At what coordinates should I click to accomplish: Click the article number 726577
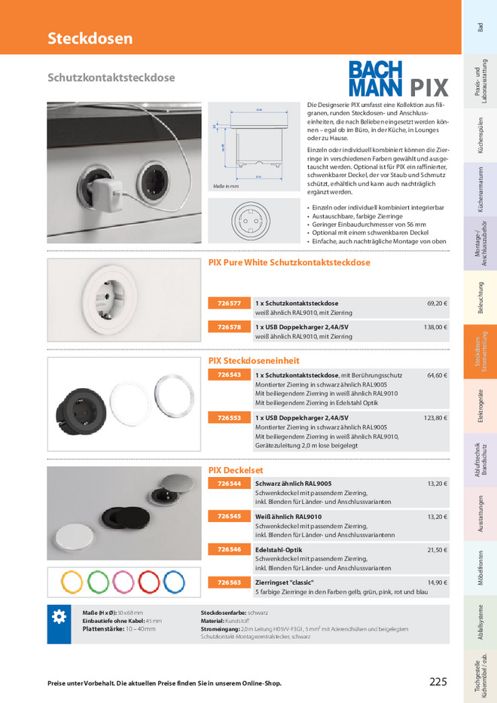229,303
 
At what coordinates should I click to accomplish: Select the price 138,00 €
435,327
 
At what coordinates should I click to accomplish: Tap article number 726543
229,374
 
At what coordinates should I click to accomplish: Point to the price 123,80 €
435,417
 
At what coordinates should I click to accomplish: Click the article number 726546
229,549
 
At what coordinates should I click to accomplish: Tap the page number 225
438,682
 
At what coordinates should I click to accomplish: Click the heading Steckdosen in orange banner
90,38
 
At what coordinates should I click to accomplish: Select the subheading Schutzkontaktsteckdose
111,78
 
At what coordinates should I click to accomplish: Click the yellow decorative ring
72,582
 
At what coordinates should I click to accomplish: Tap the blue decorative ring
173,582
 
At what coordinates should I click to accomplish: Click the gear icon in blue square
59,617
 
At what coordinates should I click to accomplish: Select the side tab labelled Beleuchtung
480,297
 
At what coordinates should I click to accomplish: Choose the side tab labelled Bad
480,27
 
